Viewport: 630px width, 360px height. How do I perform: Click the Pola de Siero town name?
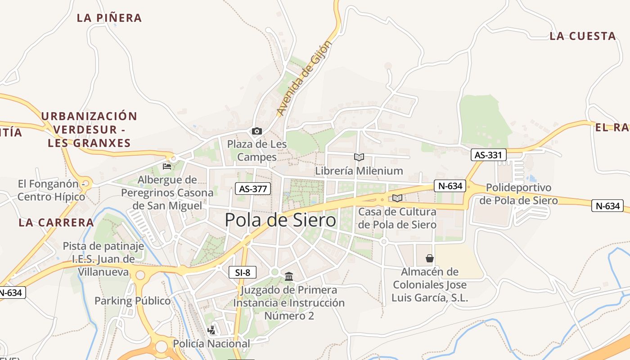(280, 220)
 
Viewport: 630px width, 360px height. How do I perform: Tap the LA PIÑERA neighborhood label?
(109, 18)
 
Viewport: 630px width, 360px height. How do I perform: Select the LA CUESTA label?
(582, 36)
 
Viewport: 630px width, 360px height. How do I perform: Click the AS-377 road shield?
(253, 189)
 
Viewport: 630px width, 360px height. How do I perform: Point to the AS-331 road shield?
(489, 155)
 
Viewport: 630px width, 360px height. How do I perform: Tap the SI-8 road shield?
(243, 272)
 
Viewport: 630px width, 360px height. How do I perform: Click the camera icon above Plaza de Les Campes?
(257, 131)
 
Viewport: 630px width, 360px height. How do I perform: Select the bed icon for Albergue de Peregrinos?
(167, 166)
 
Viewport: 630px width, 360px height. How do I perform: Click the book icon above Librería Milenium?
(359, 157)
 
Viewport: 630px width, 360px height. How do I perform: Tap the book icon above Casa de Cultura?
(397, 198)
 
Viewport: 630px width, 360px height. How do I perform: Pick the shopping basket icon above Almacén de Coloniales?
(430, 258)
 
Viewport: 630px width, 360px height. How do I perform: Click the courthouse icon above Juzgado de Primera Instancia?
(289, 276)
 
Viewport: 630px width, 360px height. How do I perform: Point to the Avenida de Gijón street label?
(304, 77)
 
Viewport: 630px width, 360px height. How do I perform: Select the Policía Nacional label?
(211, 344)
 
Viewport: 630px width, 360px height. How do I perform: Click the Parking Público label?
(133, 301)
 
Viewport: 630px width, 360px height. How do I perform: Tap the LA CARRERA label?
(57, 222)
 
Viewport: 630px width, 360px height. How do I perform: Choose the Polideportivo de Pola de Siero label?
(518, 194)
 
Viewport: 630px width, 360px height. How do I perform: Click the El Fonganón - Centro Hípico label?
(51, 190)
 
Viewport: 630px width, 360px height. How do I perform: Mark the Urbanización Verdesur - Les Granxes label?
(89, 130)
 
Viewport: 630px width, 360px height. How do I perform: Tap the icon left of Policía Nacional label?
(211, 330)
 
